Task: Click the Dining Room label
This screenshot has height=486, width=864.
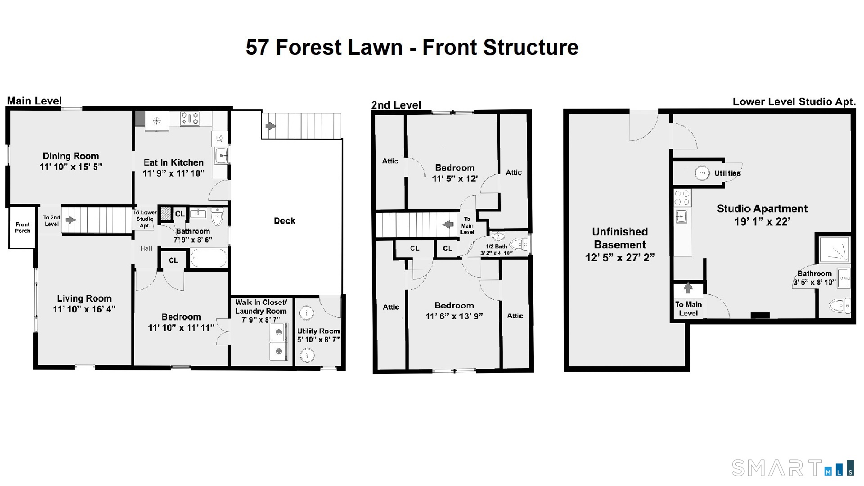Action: [71, 156]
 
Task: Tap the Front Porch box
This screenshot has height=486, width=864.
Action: [22, 227]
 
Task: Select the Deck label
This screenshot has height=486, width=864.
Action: [284, 221]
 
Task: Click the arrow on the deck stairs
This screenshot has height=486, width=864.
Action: [270, 126]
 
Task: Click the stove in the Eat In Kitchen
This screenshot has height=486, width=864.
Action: [189, 119]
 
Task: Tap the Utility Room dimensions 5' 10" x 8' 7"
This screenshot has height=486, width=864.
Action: [318, 340]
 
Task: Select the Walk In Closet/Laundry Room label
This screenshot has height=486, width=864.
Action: [261, 306]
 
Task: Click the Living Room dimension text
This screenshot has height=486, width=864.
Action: [84, 309]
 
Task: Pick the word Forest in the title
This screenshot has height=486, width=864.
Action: [339, 47]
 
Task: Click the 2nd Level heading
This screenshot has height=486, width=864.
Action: [396, 105]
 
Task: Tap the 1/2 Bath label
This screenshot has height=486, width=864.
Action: [496, 247]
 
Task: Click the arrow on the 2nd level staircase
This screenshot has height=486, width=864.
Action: [448, 224]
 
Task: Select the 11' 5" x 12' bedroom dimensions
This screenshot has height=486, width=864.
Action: [454, 179]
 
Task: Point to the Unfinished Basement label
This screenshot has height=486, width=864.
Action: [620, 238]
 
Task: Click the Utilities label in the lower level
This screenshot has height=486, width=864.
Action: [727, 173]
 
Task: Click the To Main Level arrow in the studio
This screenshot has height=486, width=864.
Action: [688, 288]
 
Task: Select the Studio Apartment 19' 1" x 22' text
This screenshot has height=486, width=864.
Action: [762, 215]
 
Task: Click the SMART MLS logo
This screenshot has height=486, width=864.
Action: [792, 468]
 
